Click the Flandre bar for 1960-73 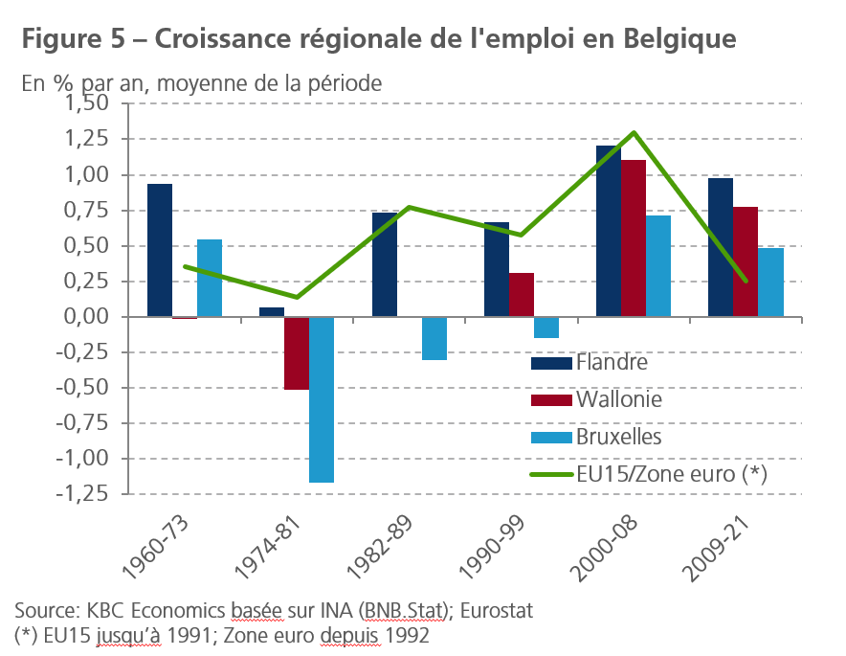[x=160, y=250]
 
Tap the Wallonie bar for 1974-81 [x=297, y=353]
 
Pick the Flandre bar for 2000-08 [x=609, y=231]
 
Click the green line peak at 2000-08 [x=634, y=133]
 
